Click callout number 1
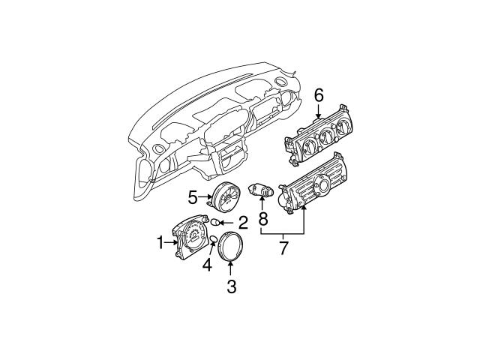click(x=160, y=241)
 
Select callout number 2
click(x=242, y=222)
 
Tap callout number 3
click(x=231, y=286)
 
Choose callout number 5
click(x=193, y=198)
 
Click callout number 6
click(x=318, y=94)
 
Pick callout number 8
click(x=263, y=220)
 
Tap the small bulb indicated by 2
click(x=219, y=222)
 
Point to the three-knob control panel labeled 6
click(x=318, y=135)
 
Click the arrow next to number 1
click(x=171, y=241)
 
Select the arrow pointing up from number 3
click(x=231, y=270)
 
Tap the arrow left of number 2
click(x=229, y=222)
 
